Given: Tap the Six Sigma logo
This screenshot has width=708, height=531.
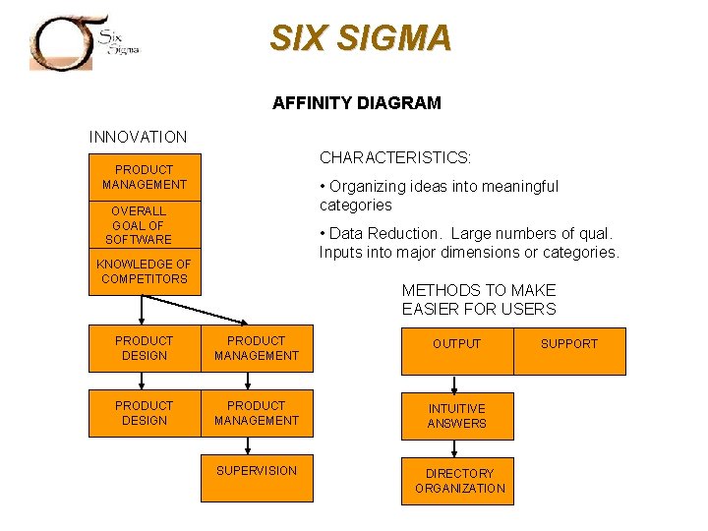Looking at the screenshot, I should pyautogui.click(x=85, y=41).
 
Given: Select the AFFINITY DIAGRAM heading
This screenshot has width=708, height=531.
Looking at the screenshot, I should pyautogui.click(x=356, y=102).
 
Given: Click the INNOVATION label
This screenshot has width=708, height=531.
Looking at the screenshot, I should pyautogui.click(x=138, y=137).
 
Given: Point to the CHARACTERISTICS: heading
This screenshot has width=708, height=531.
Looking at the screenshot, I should pyautogui.click(x=394, y=157).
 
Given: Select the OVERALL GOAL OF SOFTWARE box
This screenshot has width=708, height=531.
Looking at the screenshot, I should pyautogui.click(x=139, y=225).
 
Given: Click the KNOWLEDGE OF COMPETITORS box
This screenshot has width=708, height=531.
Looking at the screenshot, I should pyautogui.click(x=144, y=271).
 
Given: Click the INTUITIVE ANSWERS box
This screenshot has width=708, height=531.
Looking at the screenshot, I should pyautogui.click(x=456, y=416).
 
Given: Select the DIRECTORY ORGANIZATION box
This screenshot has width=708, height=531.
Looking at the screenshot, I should pyautogui.click(x=458, y=481).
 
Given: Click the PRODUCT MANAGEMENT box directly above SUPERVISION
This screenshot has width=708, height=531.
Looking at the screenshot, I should pyautogui.click(x=256, y=413).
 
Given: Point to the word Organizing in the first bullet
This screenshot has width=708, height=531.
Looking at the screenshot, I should pyautogui.click(x=365, y=187).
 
